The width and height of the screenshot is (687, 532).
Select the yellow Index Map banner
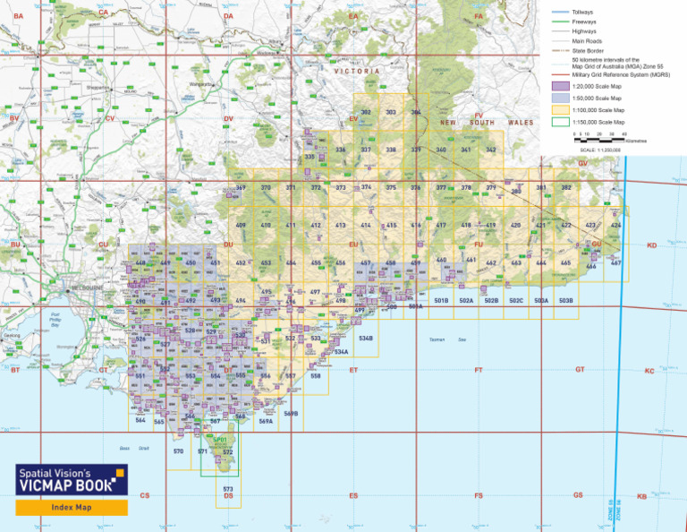click(x=71, y=507)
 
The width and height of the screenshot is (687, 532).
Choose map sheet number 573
click(x=228, y=488)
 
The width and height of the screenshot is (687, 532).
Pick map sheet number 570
click(x=178, y=451)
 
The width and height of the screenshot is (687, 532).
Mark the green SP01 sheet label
click(x=220, y=440)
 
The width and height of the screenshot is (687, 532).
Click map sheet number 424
click(x=615, y=225)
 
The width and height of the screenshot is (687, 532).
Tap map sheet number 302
click(x=365, y=112)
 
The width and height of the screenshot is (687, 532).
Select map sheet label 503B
click(x=565, y=300)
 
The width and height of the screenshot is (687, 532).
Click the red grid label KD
click(x=651, y=245)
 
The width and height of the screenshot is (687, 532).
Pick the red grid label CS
click(x=145, y=495)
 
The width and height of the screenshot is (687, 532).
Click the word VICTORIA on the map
click(x=357, y=70)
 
